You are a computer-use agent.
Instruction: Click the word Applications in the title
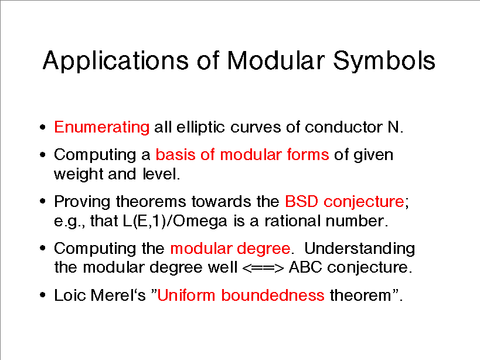click(x=115, y=61)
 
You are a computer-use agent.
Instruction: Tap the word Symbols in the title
click(x=384, y=60)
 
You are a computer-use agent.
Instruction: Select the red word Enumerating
click(x=101, y=128)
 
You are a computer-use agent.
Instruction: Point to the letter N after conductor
click(x=393, y=127)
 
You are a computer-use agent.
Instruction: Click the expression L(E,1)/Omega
click(x=175, y=221)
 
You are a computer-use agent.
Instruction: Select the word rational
click(x=292, y=220)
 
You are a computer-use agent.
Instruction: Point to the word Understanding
click(x=360, y=249)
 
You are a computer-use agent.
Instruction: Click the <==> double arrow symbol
click(x=263, y=268)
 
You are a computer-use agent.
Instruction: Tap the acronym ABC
click(x=305, y=267)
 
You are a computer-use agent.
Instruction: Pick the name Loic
click(x=70, y=296)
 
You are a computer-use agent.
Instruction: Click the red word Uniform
click(x=186, y=296)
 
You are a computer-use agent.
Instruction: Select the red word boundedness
click(x=273, y=296)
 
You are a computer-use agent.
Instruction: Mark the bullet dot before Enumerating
click(x=43, y=127)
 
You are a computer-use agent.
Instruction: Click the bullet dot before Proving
click(x=43, y=202)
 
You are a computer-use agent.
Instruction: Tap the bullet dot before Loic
click(x=43, y=296)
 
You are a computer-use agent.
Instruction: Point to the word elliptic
click(x=200, y=128)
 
